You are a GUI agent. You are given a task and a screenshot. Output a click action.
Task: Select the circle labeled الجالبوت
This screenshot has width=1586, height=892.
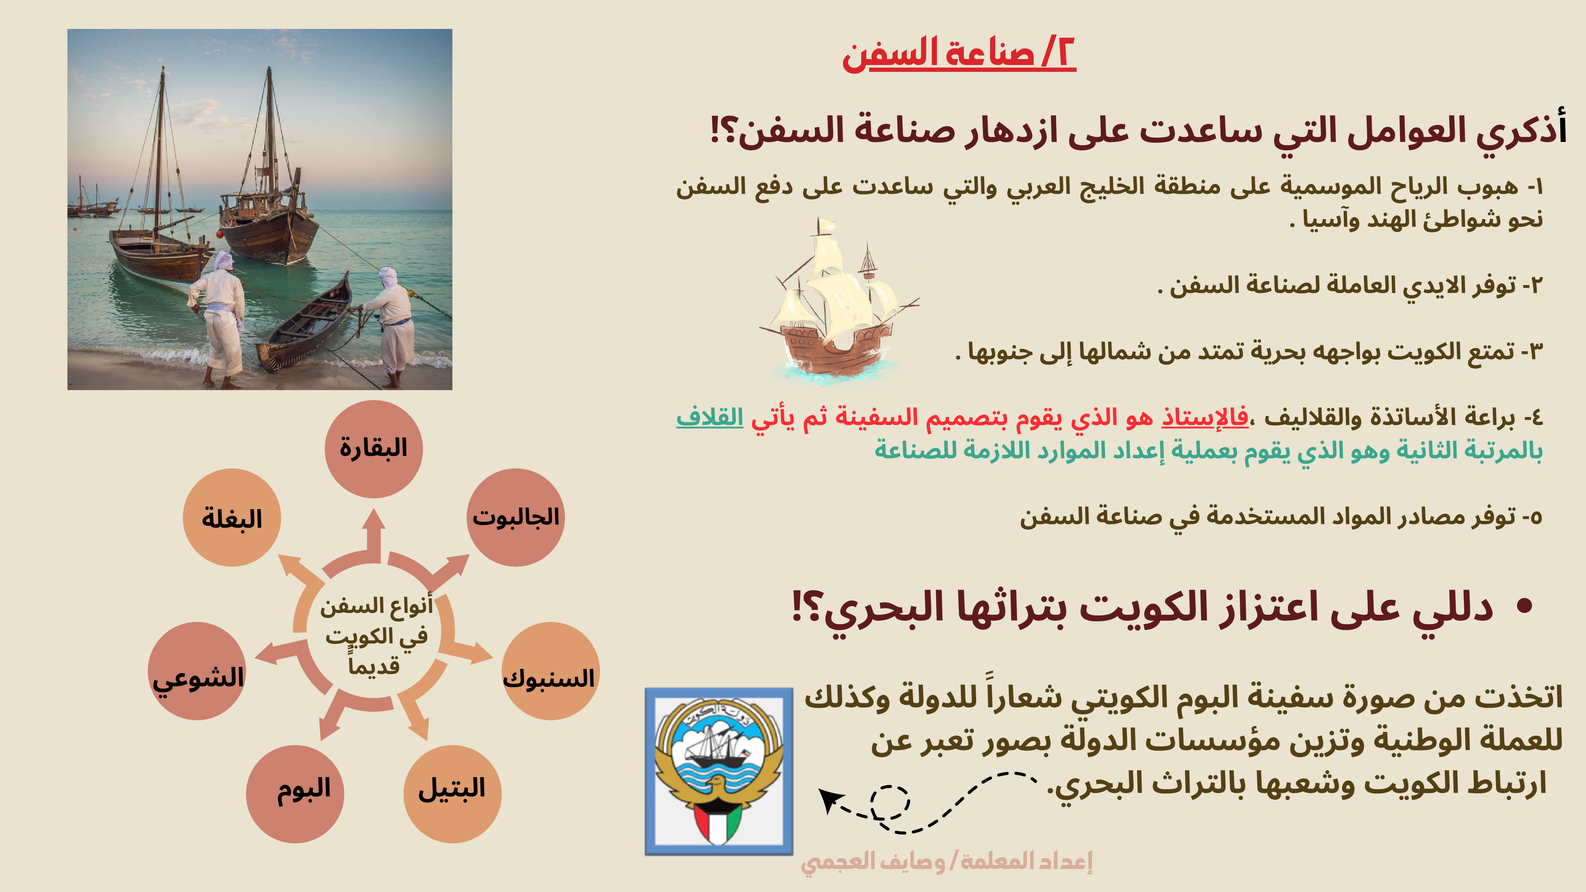coord(515,517)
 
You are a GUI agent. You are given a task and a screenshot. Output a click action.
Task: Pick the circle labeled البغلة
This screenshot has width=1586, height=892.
coord(232,517)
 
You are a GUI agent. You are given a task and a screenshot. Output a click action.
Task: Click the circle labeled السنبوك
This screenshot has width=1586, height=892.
coord(550,671)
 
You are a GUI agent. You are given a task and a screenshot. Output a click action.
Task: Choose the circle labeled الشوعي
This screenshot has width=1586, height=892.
coord(197,671)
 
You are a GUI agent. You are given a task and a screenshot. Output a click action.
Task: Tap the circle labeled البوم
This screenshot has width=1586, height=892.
coord(295,794)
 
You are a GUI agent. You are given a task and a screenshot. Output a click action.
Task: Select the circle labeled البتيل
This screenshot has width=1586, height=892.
coord(452,794)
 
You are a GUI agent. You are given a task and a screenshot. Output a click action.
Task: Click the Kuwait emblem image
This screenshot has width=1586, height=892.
coord(718,771)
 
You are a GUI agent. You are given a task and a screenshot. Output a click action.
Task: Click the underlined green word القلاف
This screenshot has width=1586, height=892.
coord(710,417)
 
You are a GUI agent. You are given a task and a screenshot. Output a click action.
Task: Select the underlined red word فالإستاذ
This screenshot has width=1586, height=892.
coord(1205,417)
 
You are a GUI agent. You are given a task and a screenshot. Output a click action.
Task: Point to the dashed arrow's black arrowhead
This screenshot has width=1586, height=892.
coord(829,800)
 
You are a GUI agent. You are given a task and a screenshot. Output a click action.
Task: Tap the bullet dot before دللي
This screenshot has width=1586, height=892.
coord(1525,607)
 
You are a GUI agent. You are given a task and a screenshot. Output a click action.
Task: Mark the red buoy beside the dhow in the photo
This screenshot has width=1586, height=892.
coord(220,234)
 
